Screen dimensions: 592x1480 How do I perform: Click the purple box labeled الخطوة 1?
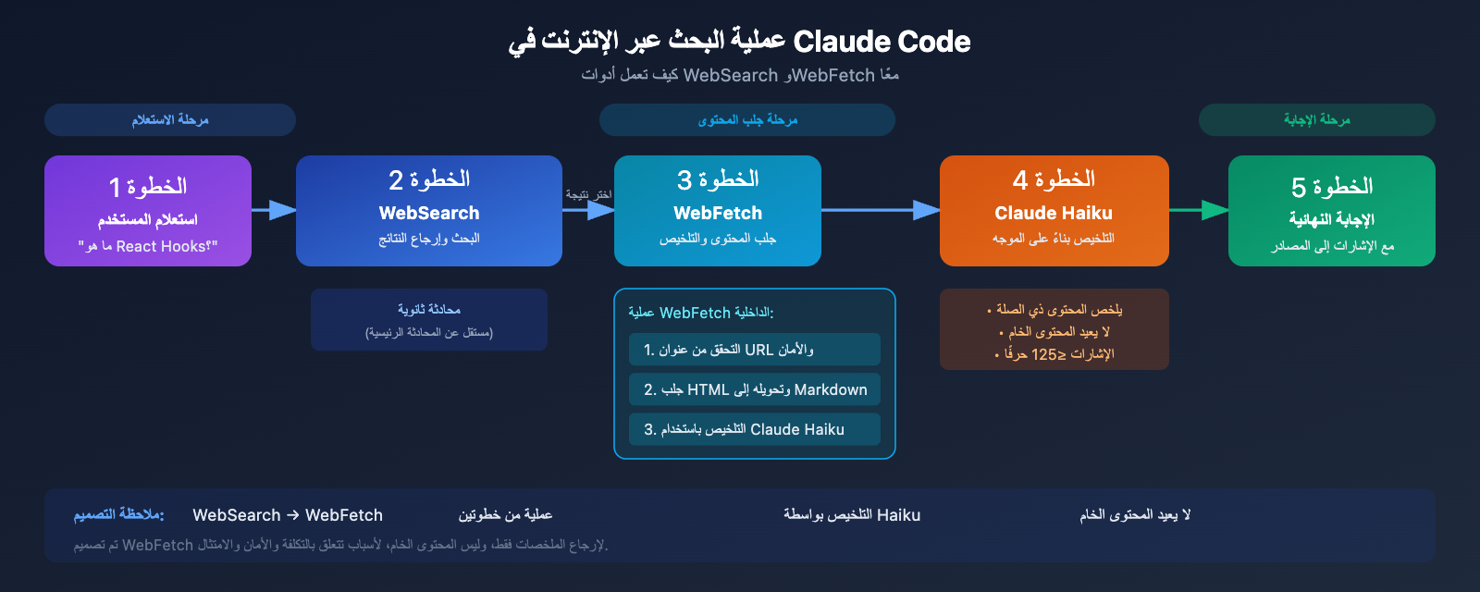point(148,211)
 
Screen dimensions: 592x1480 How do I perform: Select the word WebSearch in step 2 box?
point(429,213)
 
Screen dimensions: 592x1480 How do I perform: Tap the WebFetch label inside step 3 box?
point(718,213)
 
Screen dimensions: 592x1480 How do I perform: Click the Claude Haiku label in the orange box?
point(1054,213)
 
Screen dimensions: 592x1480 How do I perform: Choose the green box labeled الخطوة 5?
point(1331,211)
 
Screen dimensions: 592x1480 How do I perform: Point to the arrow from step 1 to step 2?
point(274,210)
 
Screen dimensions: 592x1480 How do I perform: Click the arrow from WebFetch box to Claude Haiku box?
point(879,210)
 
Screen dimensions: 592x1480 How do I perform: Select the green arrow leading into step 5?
point(1199,210)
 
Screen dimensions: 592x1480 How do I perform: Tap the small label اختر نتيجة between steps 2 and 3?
point(588,194)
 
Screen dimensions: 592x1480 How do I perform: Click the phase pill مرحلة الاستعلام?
point(170,120)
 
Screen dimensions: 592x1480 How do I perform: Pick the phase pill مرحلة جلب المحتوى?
point(747,120)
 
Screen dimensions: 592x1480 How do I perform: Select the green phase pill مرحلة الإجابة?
point(1316,120)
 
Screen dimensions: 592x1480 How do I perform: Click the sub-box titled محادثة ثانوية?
point(429,319)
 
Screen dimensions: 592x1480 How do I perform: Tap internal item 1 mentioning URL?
point(754,350)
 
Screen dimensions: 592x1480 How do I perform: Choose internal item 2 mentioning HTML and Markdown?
point(754,389)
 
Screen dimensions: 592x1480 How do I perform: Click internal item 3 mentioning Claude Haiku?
point(754,429)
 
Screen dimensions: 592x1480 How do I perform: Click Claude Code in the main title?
point(882,42)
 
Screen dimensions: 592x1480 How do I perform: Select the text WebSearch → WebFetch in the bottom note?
point(288,515)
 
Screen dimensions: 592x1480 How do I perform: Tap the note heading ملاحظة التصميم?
point(118,514)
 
